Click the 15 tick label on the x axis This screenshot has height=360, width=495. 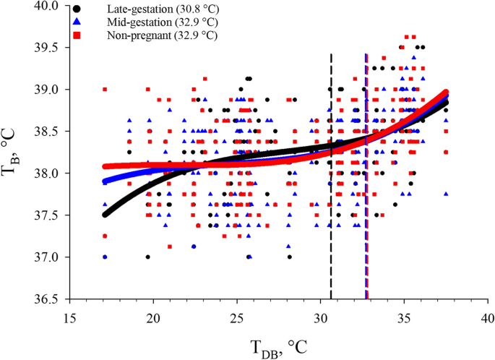coord(69,317)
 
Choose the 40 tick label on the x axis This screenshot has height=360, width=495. coord(488,317)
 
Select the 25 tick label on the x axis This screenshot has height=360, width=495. coord(237,317)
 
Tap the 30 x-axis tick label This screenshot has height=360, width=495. coord(320,317)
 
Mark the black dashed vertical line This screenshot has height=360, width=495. coord(331,217)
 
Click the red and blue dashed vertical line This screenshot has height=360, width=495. coord(366,217)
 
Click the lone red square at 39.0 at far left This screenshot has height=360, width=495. coord(105,89)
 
